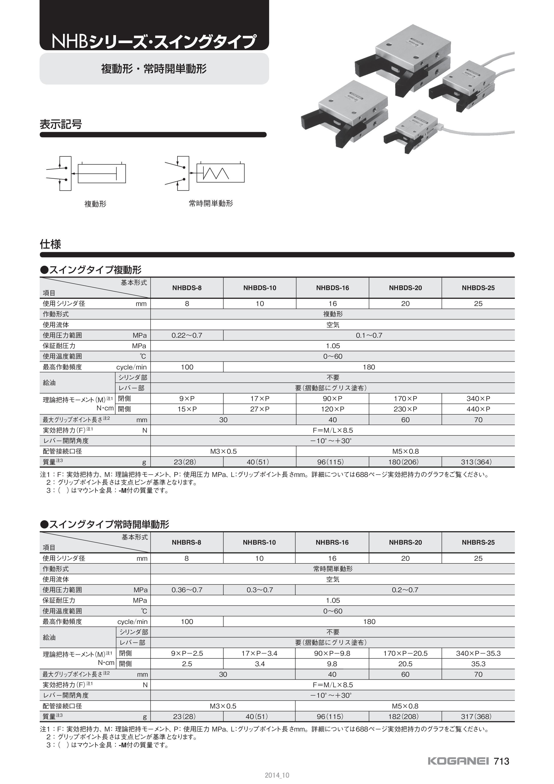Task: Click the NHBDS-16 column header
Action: click(333, 288)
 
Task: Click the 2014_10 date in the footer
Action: click(277, 776)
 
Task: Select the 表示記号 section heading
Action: click(61, 124)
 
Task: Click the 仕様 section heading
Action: click(51, 244)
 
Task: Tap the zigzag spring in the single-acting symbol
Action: click(216, 173)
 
